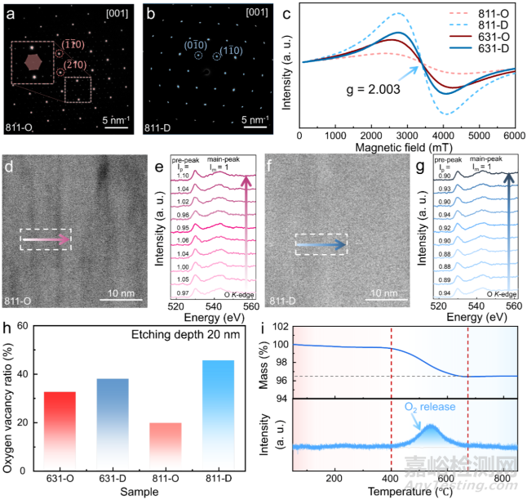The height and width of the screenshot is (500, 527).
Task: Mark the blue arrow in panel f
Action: pyautogui.click(x=323, y=243)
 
